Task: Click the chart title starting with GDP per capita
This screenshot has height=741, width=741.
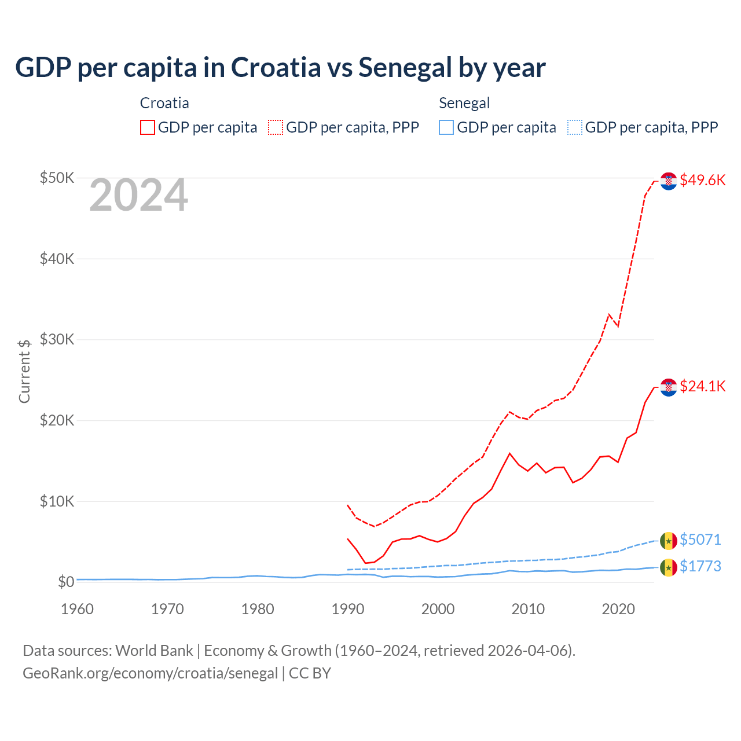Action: [x=280, y=67]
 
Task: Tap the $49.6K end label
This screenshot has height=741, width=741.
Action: [x=702, y=180]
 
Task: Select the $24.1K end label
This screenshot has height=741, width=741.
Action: [x=702, y=386]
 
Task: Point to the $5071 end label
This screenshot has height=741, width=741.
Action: [x=700, y=540]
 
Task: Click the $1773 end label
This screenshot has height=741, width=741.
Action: [x=700, y=566]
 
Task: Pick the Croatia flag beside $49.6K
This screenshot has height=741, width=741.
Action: [x=669, y=181]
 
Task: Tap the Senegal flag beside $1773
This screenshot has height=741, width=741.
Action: [x=669, y=567]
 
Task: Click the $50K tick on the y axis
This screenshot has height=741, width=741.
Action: [x=57, y=178]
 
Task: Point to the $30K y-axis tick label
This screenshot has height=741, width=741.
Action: [x=57, y=339]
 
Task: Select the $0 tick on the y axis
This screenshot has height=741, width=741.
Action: [x=65, y=582]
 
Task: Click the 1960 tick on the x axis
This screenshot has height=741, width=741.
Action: [x=77, y=609]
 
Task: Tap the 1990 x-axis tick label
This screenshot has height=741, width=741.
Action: [x=347, y=609]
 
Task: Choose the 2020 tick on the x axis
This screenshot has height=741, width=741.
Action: [x=618, y=609]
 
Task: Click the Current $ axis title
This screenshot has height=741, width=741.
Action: [x=24, y=371]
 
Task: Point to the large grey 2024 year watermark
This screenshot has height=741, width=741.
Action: [x=138, y=195]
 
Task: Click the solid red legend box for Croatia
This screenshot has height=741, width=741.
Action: [x=148, y=127]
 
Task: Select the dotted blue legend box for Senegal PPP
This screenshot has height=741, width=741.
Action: [x=575, y=127]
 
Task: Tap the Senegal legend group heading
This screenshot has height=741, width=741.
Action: [x=464, y=103]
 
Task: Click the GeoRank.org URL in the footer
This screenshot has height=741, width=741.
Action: [x=151, y=673]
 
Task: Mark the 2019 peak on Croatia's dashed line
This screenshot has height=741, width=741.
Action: [x=609, y=314]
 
